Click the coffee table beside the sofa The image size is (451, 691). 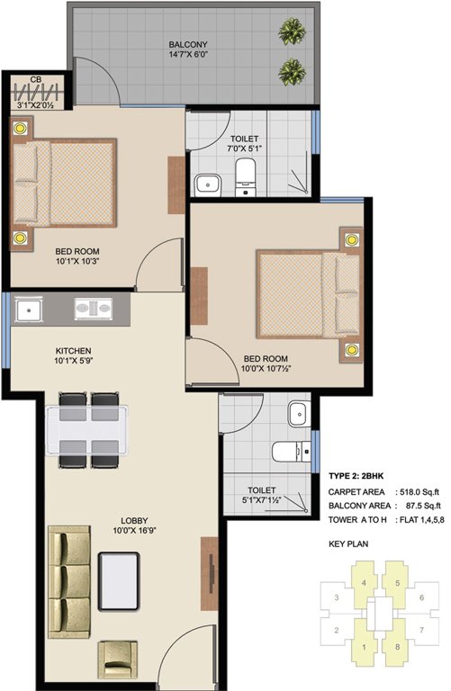point(119,577)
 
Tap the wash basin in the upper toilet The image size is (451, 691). point(209,184)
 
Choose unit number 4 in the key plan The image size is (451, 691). point(364,582)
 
